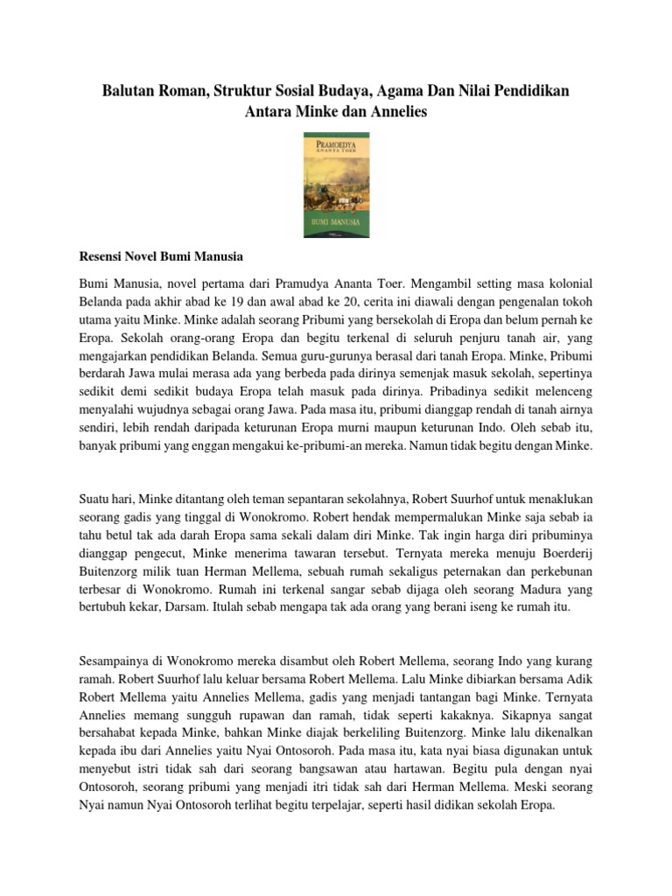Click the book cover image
click(x=335, y=185)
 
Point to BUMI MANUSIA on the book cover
click(x=335, y=223)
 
